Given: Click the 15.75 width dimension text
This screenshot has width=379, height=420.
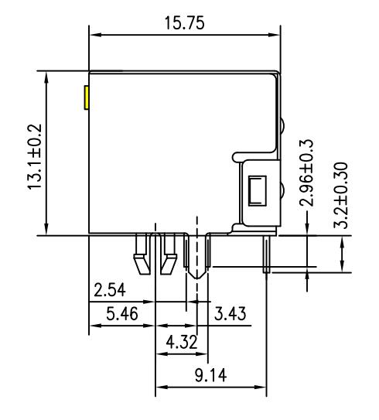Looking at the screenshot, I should [183, 23].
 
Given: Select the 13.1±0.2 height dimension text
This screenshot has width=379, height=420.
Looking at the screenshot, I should [36, 154].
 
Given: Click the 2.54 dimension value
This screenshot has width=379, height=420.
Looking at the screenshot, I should [111, 292].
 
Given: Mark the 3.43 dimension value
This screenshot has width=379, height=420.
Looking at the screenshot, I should [230, 316].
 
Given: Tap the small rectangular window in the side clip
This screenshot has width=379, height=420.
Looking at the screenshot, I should [257, 190].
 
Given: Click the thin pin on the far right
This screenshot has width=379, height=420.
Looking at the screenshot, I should [267, 255].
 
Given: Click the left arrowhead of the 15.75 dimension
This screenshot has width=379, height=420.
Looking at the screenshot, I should [94, 35].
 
